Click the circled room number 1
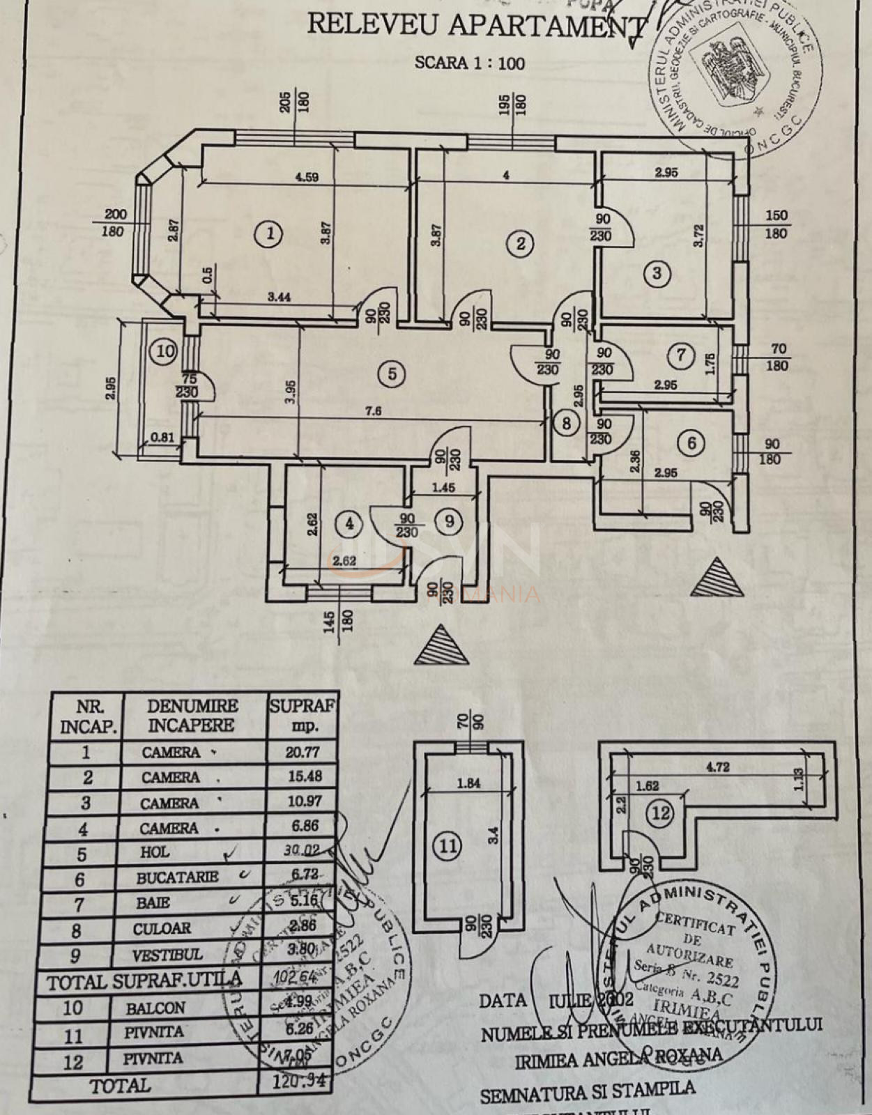point(269,234)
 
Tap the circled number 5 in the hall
point(392,374)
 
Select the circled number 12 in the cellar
point(660,812)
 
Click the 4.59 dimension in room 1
point(307,177)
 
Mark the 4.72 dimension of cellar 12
point(718,767)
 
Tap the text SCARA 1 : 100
point(470,63)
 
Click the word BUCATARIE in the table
point(177,877)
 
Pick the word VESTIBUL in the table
point(167,955)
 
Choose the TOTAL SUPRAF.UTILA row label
point(145,982)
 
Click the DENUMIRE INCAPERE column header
point(192,716)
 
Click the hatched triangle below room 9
point(441,647)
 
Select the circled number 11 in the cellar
point(448,846)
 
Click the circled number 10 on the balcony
point(165,351)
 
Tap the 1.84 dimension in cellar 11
point(468,783)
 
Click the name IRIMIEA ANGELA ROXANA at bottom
point(618,1059)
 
